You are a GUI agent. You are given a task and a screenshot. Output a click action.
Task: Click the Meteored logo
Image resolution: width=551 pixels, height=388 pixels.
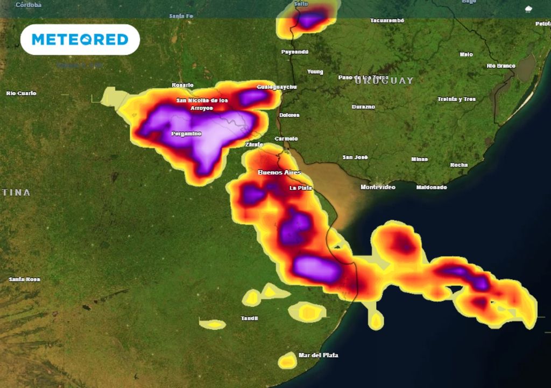coord(80,39)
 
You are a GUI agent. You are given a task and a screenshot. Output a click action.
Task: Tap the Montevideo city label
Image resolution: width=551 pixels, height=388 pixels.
coord(378,187)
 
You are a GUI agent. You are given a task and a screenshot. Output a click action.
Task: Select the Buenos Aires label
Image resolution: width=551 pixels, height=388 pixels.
coord(279,172)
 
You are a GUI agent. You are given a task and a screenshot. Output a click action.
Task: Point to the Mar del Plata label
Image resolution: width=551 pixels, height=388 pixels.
coord(318,355)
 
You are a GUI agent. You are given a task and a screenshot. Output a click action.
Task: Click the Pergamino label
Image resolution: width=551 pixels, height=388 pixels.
coord(186,133)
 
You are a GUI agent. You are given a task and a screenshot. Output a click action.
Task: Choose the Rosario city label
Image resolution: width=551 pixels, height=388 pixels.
coord(182,85)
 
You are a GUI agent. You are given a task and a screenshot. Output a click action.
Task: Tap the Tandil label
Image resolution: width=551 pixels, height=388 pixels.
coord(249,318)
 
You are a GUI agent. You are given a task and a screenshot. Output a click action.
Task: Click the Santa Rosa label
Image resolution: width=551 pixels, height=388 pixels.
coord(24,279)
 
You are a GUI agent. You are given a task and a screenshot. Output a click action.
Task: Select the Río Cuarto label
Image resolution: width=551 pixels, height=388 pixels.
coord(22,93)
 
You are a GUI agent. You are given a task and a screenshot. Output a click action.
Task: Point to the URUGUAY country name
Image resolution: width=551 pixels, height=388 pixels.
coord(384,81)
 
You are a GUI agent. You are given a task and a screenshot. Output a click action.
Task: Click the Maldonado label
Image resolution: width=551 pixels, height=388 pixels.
coord(432,187)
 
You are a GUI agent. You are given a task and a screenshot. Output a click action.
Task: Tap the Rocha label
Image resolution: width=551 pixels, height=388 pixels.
coord(459,165)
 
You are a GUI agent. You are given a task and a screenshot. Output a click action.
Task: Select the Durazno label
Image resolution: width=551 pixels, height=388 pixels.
coord(363,107)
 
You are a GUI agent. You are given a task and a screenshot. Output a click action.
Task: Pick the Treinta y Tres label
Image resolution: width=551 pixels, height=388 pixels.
coord(456,99)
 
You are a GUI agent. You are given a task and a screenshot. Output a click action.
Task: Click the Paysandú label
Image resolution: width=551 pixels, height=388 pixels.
coord(295,52)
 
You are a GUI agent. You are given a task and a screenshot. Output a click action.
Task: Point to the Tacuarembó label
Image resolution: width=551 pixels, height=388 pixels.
coord(387,20)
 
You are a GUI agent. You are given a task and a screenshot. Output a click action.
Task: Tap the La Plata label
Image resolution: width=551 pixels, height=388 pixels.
coord(300,188)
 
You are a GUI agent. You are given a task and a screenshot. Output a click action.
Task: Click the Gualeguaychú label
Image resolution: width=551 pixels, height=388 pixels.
coord(277,87)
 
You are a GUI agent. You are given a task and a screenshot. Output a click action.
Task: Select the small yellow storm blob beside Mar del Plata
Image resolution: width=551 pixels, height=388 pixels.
coord(288,361)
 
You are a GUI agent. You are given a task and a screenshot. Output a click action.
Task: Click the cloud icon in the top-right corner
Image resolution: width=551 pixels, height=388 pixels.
coord(528,9)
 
